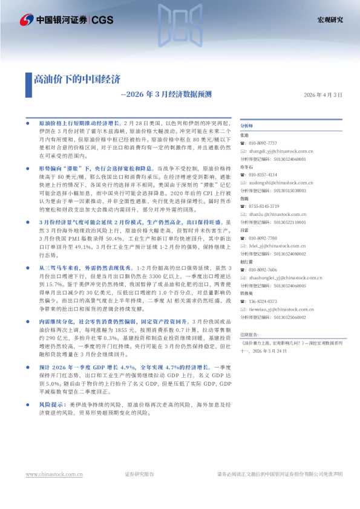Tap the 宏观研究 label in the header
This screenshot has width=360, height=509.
[330, 20]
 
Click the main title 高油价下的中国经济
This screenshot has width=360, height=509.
[77, 79]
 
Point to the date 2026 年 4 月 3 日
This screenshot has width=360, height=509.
[322, 95]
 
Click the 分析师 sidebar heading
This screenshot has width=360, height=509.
[247, 125]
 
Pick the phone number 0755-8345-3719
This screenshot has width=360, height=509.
[263, 206]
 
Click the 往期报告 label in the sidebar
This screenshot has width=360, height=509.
[249, 351]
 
